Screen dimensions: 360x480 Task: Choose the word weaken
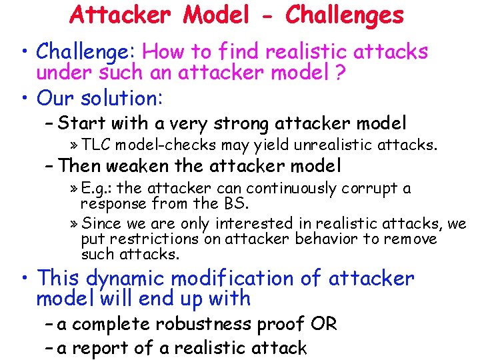135,165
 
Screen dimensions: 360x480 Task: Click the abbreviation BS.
227,203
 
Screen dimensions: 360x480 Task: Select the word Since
101,223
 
